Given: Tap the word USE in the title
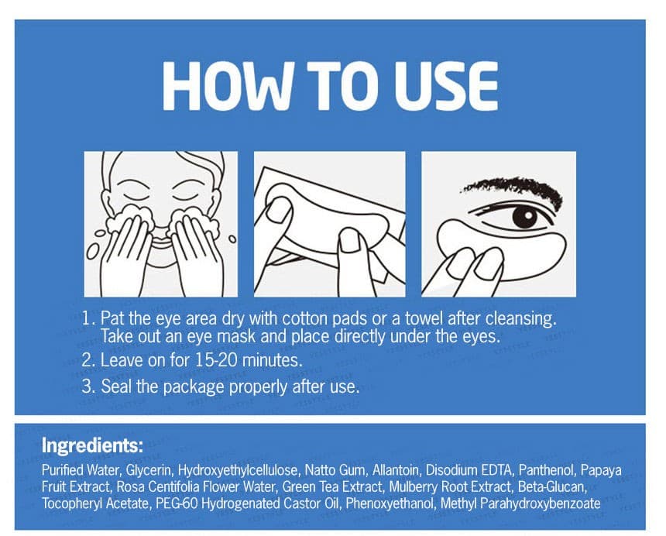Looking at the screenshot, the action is pos(445,86).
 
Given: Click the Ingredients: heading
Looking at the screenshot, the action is pos(92,446).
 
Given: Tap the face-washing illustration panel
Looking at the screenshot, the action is pos(160,224).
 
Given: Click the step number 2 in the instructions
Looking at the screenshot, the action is pos(88,361).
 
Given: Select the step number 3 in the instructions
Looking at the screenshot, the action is pos(88,387).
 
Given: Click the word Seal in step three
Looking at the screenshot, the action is pos(116,387).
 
